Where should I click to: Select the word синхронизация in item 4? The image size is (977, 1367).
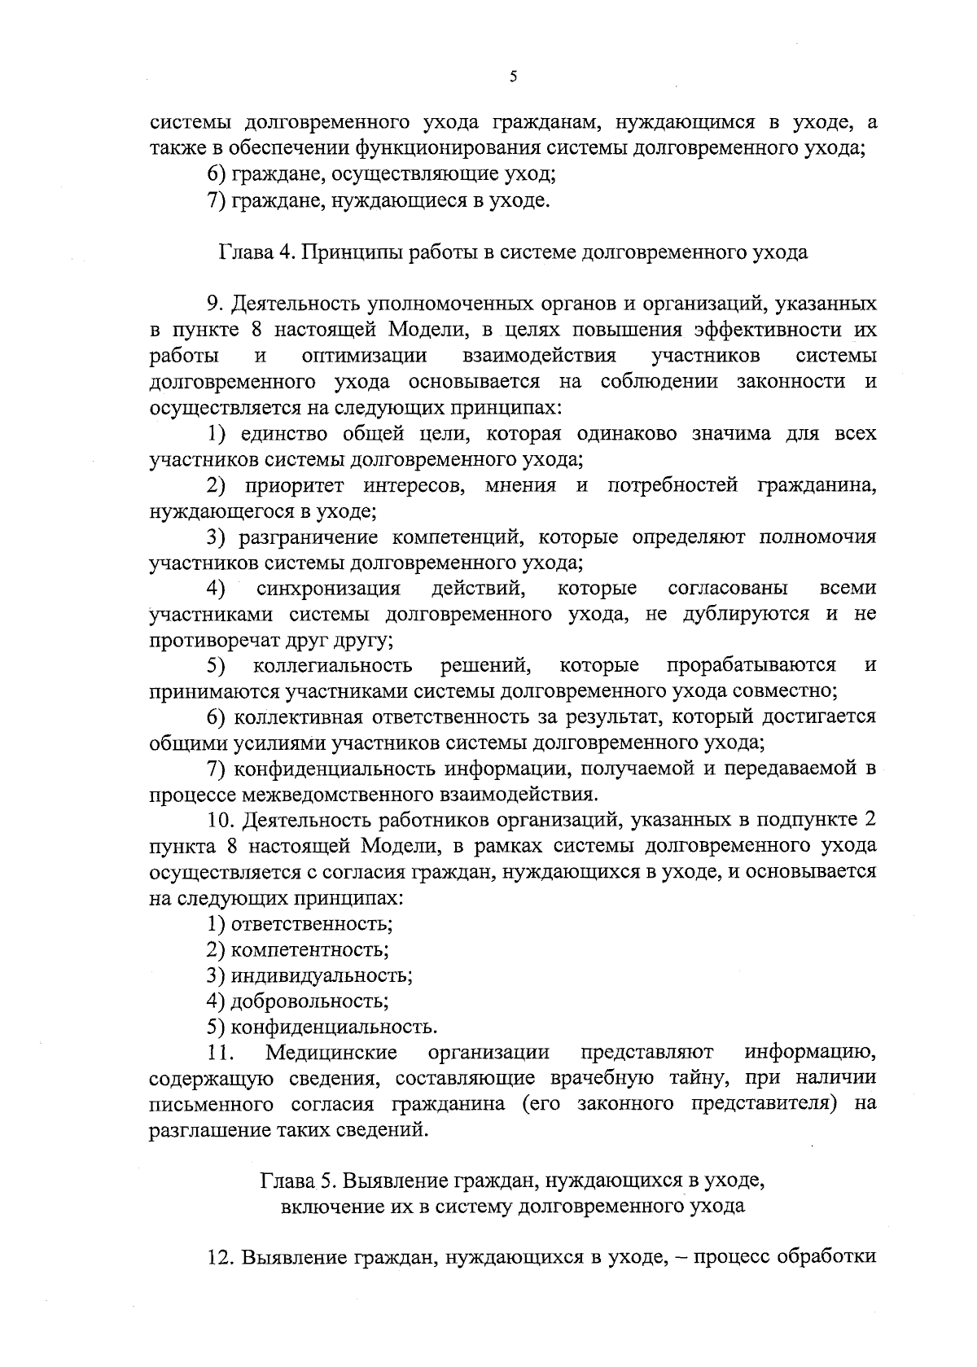coord(328,589)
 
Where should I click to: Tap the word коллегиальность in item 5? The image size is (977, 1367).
coord(333,666)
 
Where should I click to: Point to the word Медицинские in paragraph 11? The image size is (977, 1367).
coord(331,1053)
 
